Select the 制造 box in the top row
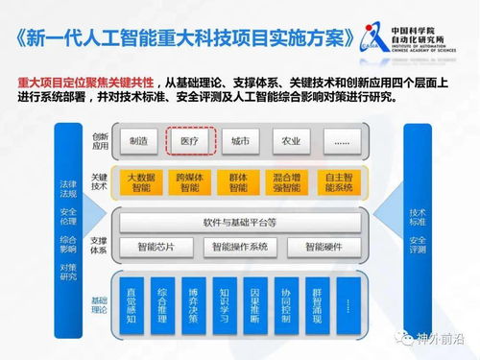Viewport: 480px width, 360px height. [x=140, y=141]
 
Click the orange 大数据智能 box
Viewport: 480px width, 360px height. [x=140, y=182]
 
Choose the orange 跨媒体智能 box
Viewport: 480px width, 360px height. [x=188, y=182]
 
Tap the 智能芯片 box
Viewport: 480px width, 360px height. [x=156, y=247]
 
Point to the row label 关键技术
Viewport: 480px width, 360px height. [x=100, y=182]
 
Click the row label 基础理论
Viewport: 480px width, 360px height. [x=100, y=304]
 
